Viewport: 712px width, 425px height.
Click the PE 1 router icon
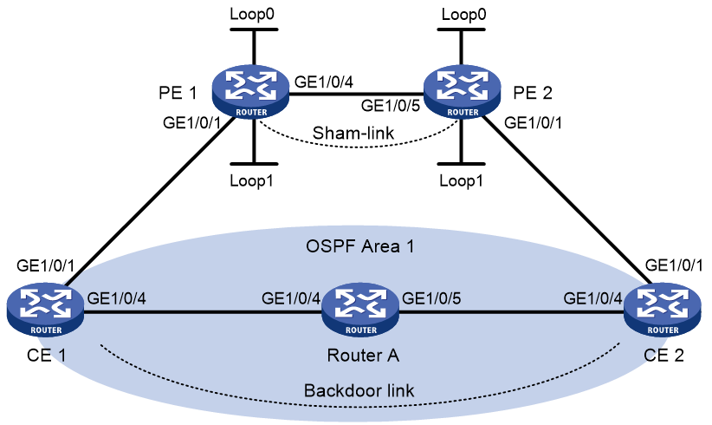(x=250, y=92)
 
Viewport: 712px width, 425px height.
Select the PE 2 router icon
(x=462, y=92)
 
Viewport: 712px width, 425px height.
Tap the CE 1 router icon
(x=45, y=310)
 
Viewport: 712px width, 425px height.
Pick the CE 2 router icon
(x=663, y=310)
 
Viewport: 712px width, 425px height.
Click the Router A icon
(x=360, y=310)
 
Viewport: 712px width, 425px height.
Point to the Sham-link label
(x=353, y=133)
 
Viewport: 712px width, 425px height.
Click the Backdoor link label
(x=359, y=390)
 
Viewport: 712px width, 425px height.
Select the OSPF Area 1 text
(x=360, y=246)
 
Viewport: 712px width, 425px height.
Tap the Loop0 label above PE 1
(x=252, y=14)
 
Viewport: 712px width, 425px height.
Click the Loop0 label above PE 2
(x=463, y=14)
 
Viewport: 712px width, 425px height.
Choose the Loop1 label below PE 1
(x=251, y=181)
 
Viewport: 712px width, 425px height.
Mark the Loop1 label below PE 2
(x=461, y=181)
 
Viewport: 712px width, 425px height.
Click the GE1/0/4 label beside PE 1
(x=324, y=82)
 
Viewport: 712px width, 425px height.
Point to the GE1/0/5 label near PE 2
(x=391, y=106)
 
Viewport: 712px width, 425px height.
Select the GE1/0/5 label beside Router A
(x=431, y=298)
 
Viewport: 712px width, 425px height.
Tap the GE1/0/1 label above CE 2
(x=674, y=265)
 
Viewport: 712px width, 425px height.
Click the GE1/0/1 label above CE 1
(x=45, y=265)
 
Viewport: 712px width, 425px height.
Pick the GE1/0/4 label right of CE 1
(x=117, y=298)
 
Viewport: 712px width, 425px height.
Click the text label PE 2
(x=533, y=93)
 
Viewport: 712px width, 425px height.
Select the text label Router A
(x=363, y=355)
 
